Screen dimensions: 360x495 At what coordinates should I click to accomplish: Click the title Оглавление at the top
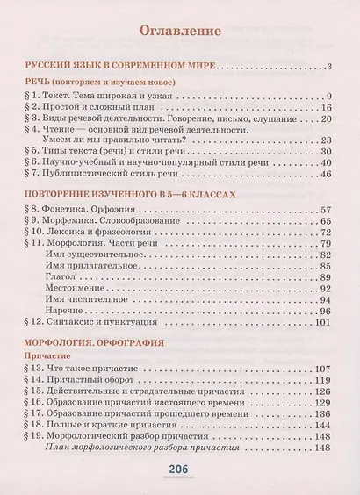coord(180,32)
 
